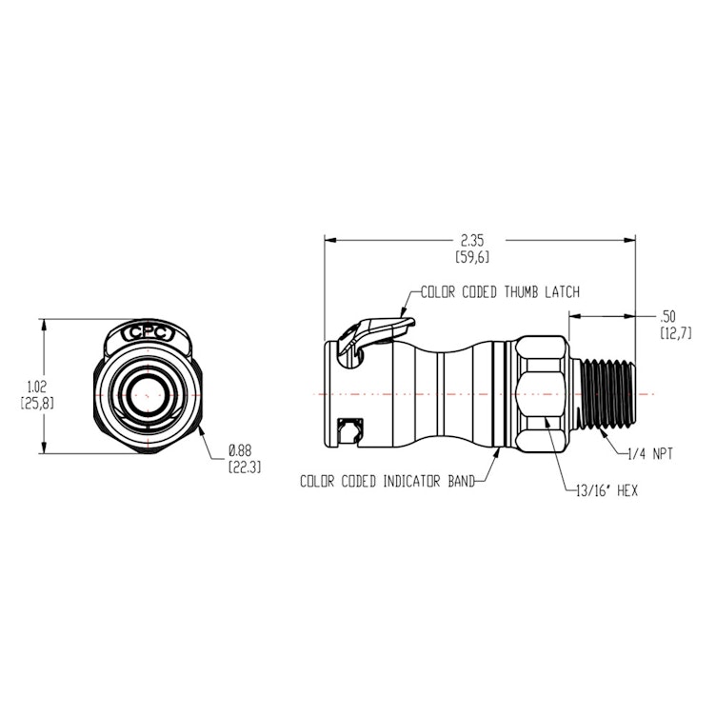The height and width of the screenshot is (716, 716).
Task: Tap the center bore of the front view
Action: (148, 392)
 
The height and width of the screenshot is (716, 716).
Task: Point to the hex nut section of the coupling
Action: (547, 392)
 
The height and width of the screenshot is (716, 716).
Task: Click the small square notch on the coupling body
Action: (350, 432)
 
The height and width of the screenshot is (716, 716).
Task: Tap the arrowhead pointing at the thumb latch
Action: (401, 313)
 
